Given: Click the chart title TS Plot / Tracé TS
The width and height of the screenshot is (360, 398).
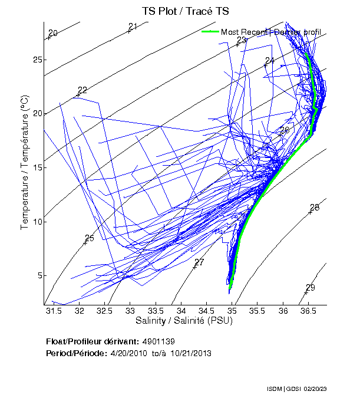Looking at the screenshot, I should [185, 11].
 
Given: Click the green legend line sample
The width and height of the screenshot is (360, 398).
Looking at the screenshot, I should [210, 32].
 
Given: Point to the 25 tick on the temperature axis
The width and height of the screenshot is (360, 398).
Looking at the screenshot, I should [38, 60].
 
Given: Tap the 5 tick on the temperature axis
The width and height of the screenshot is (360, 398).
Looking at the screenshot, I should [38, 275].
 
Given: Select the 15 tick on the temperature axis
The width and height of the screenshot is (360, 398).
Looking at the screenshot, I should [38, 167].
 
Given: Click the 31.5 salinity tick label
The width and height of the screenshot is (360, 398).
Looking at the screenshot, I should [54, 311].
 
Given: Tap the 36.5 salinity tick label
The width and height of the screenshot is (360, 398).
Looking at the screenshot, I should [309, 311].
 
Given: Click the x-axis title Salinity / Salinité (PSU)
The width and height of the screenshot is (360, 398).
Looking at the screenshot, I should [184, 321].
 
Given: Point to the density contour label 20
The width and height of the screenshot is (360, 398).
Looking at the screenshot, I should [53, 33].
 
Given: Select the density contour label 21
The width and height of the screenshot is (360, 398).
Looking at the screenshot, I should [133, 27].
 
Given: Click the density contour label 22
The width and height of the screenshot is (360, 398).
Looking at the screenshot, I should [82, 90].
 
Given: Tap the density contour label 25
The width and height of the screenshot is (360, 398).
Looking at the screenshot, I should [90, 238].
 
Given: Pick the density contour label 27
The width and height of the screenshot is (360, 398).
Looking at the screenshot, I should [199, 262].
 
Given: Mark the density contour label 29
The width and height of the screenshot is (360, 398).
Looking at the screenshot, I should [311, 287].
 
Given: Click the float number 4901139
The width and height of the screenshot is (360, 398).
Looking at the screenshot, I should [158, 341].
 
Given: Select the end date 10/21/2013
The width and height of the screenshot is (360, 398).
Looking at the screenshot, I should [191, 353].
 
